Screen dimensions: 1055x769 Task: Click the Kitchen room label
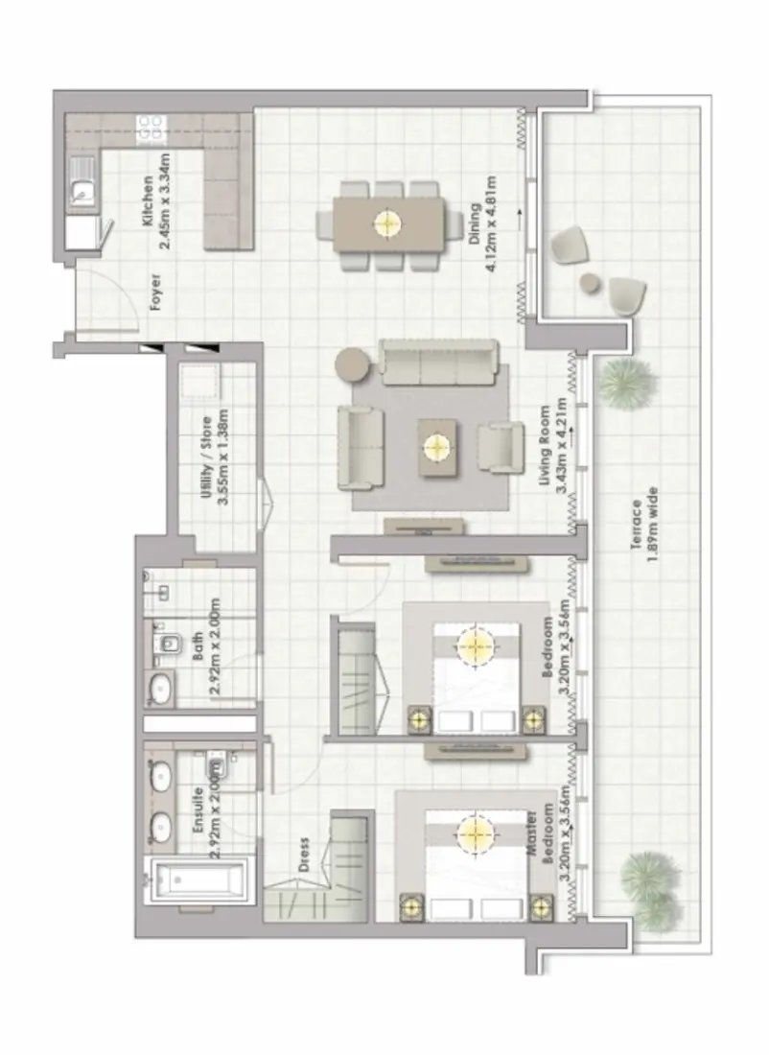[x=154, y=213]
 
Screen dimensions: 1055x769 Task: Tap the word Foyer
[x=155, y=294]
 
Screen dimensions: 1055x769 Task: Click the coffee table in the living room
[x=437, y=447]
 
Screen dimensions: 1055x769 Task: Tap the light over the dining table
[x=385, y=223]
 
